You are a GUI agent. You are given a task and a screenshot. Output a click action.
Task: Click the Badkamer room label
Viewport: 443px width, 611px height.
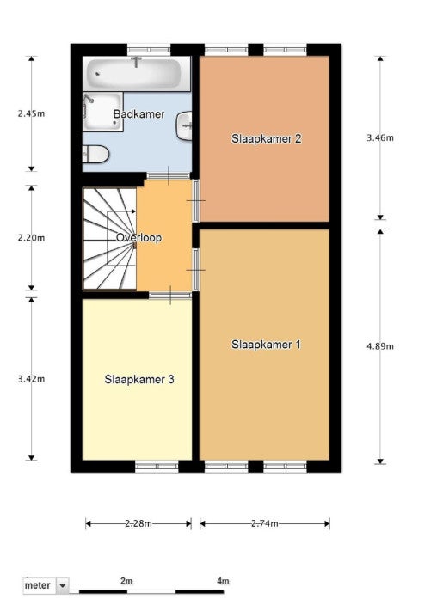click(138, 114)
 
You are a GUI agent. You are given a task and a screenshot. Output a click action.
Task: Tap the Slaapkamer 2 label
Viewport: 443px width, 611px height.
click(267, 138)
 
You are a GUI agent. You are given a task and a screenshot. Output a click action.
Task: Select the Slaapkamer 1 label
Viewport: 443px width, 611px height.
click(267, 345)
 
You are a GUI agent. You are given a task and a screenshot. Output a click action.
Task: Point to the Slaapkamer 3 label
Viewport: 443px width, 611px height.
click(139, 379)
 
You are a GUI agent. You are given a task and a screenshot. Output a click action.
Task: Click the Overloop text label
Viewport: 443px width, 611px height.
click(138, 238)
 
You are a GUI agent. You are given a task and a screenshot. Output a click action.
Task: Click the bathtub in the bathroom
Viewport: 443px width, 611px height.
click(133, 73)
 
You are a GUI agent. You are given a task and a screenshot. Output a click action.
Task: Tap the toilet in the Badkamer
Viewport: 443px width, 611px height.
click(95, 155)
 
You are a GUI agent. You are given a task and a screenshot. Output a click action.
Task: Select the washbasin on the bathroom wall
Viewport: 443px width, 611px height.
click(184, 125)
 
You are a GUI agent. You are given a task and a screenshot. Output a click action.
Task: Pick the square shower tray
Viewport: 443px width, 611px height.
click(103, 113)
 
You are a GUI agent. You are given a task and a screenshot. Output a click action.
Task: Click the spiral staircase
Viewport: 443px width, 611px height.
click(109, 239)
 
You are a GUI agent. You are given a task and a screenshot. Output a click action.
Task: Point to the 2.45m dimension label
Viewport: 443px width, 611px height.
click(31, 113)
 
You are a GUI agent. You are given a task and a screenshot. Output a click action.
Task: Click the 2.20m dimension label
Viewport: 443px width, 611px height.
click(31, 238)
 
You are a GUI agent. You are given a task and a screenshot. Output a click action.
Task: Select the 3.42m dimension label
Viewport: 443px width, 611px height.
click(31, 379)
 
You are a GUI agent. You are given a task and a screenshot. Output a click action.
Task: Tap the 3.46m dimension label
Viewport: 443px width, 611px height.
click(380, 137)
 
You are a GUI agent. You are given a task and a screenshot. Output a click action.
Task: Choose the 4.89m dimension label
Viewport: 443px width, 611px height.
click(380, 346)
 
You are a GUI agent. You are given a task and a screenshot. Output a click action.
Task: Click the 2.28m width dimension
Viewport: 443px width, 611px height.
click(138, 523)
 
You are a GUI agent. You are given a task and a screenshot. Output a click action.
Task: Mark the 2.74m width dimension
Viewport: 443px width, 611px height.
click(265, 523)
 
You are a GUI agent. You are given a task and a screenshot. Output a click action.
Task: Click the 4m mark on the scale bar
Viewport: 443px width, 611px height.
click(223, 581)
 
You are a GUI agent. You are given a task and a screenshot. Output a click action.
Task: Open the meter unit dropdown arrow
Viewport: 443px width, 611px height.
click(63, 585)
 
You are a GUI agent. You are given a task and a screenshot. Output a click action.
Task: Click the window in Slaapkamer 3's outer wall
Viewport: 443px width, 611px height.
click(157, 466)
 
